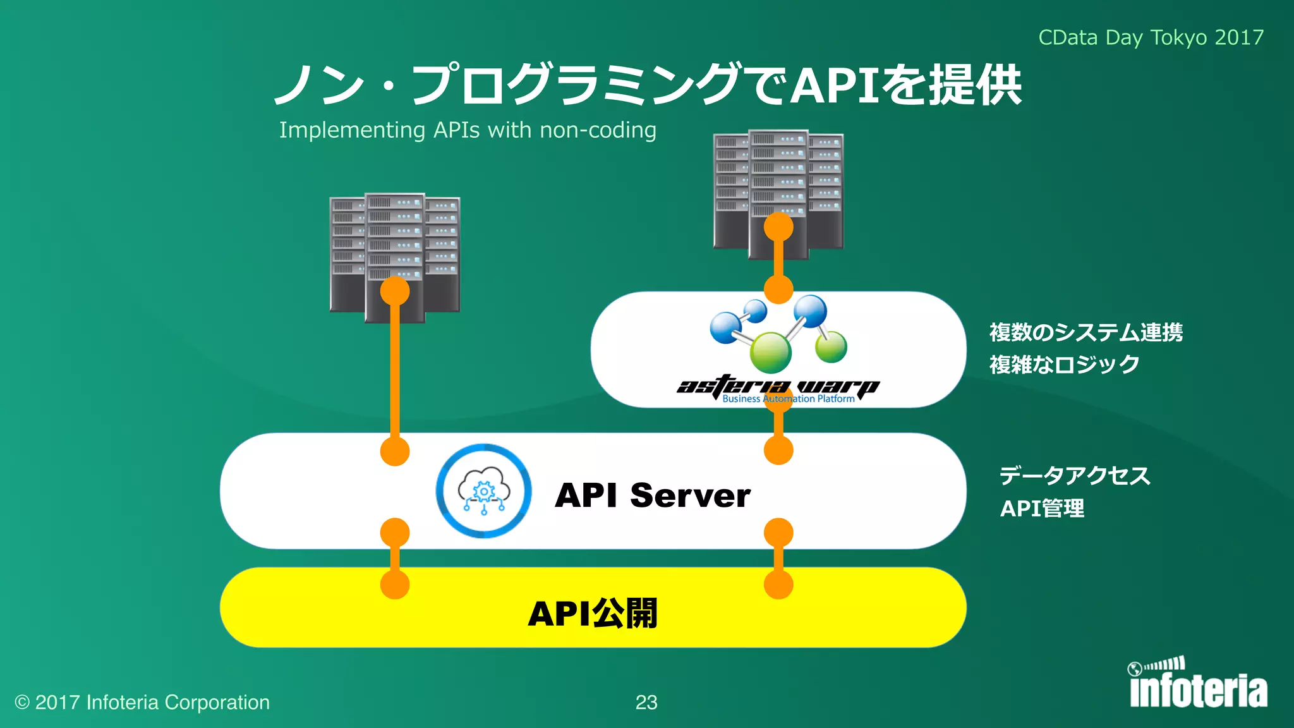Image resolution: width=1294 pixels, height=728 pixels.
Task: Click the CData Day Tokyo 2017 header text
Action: tap(1151, 37)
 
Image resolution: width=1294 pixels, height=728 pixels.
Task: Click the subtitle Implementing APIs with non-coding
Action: tap(468, 130)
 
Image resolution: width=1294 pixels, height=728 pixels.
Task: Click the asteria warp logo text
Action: tap(778, 385)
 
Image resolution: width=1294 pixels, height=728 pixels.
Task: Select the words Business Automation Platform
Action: tap(788, 399)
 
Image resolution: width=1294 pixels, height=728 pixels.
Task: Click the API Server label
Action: tap(653, 495)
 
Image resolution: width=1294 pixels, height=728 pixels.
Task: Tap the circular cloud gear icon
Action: tap(484, 491)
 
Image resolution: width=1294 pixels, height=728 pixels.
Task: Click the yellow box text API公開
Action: tap(593, 613)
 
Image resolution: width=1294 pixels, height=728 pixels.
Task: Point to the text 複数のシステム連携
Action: tap(1085, 332)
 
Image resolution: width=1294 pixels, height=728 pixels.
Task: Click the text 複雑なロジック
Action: tap(1064, 365)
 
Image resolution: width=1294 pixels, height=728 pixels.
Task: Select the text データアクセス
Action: tap(1074, 475)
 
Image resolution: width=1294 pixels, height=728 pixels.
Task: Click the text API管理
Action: tap(1042, 508)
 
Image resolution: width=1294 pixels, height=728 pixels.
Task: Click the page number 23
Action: tap(646, 702)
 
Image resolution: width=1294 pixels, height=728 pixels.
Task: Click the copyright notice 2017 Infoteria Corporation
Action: tap(143, 702)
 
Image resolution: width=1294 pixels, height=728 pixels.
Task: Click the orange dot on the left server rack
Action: tap(395, 292)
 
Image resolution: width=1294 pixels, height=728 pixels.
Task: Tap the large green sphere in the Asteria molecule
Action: tap(770, 352)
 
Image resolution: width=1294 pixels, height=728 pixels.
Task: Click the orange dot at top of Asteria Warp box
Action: tap(778, 289)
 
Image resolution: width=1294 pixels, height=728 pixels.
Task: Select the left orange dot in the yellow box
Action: tap(395, 584)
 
